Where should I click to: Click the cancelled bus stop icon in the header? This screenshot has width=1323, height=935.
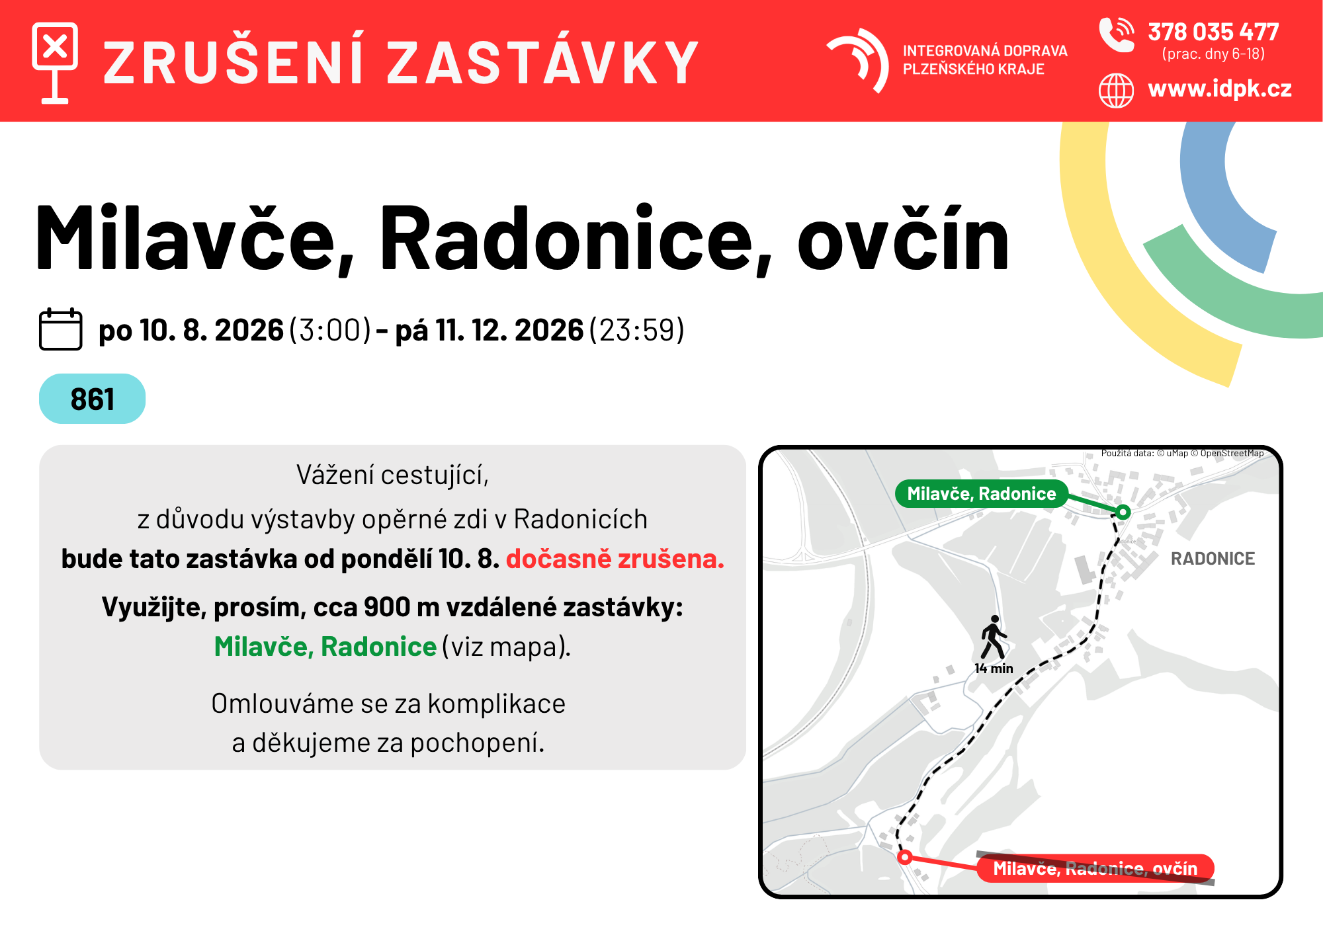click(x=55, y=63)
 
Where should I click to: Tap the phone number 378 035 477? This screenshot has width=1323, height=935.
click(x=1213, y=32)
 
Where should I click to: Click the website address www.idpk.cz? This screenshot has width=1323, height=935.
click(x=1220, y=89)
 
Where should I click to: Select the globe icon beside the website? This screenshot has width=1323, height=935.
click(x=1116, y=90)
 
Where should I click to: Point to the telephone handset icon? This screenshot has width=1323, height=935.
click(x=1116, y=34)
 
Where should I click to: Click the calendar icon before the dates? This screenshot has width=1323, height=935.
click(x=61, y=329)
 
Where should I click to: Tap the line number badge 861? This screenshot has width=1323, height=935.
click(x=93, y=399)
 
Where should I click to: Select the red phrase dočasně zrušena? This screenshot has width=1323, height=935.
click(x=615, y=559)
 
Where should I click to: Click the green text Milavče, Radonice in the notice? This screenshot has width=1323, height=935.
click(x=325, y=646)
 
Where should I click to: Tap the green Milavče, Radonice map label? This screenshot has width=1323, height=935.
click(x=982, y=493)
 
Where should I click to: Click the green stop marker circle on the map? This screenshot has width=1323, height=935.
click(x=1123, y=512)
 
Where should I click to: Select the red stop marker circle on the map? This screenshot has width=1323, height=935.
click(x=905, y=858)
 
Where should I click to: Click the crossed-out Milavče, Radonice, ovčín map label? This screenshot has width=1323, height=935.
click(x=1095, y=868)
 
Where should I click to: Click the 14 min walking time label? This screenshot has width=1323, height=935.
click(x=994, y=669)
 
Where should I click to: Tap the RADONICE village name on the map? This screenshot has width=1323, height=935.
click(x=1213, y=559)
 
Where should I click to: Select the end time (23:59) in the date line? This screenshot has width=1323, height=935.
click(x=636, y=330)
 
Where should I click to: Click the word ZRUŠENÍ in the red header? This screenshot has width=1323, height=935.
click(x=234, y=63)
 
